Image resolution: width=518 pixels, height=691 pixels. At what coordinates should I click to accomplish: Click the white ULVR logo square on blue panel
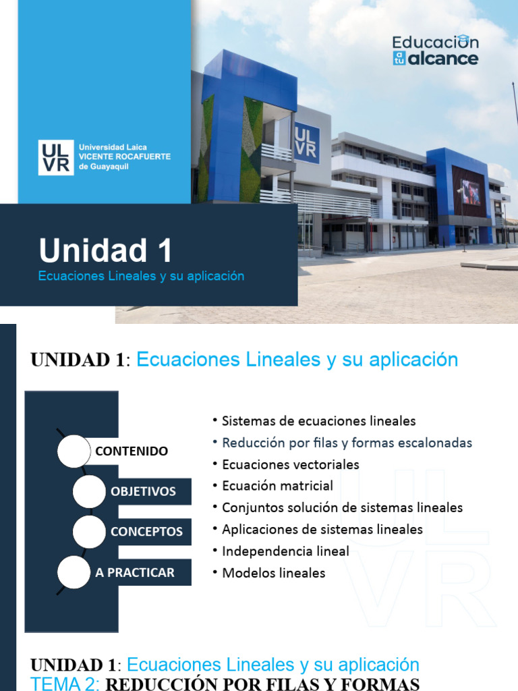tap(56, 157)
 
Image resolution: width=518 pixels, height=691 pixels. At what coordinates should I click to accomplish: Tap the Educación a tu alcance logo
tap(435, 51)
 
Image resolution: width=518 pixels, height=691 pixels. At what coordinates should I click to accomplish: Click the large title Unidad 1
tap(105, 250)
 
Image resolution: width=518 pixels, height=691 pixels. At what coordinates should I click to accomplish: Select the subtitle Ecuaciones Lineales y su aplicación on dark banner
tap(141, 276)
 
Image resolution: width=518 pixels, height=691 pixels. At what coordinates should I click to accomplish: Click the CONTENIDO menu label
tap(132, 451)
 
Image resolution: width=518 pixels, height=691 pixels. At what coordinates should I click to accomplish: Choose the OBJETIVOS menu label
tap(143, 491)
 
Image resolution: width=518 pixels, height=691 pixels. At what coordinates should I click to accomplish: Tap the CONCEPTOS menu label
tap(146, 532)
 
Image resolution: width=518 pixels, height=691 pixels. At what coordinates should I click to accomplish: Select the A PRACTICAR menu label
tap(135, 572)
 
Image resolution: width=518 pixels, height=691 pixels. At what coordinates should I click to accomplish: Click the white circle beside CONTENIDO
tap(74, 451)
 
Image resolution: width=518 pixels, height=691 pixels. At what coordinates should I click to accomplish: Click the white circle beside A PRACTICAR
tap(74, 573)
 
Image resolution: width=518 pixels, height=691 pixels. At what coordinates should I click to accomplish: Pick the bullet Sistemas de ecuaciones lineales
tap(318, 421)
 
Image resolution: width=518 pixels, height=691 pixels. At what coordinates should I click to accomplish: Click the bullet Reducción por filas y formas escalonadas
tap(347, 443)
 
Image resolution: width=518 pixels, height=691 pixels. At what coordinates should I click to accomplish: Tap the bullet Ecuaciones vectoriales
tap(290, 465)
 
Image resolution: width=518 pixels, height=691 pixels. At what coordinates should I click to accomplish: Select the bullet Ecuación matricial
tap(277, 486)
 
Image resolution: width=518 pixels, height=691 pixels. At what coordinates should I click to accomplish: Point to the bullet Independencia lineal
tap(285, 551)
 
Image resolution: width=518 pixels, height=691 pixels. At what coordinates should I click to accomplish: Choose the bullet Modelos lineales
tap(273, 573)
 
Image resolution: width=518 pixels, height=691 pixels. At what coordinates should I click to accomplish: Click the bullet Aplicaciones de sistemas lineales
tap(322, 530)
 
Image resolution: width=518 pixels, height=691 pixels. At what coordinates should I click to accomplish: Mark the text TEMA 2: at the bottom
tap(65, 684)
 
